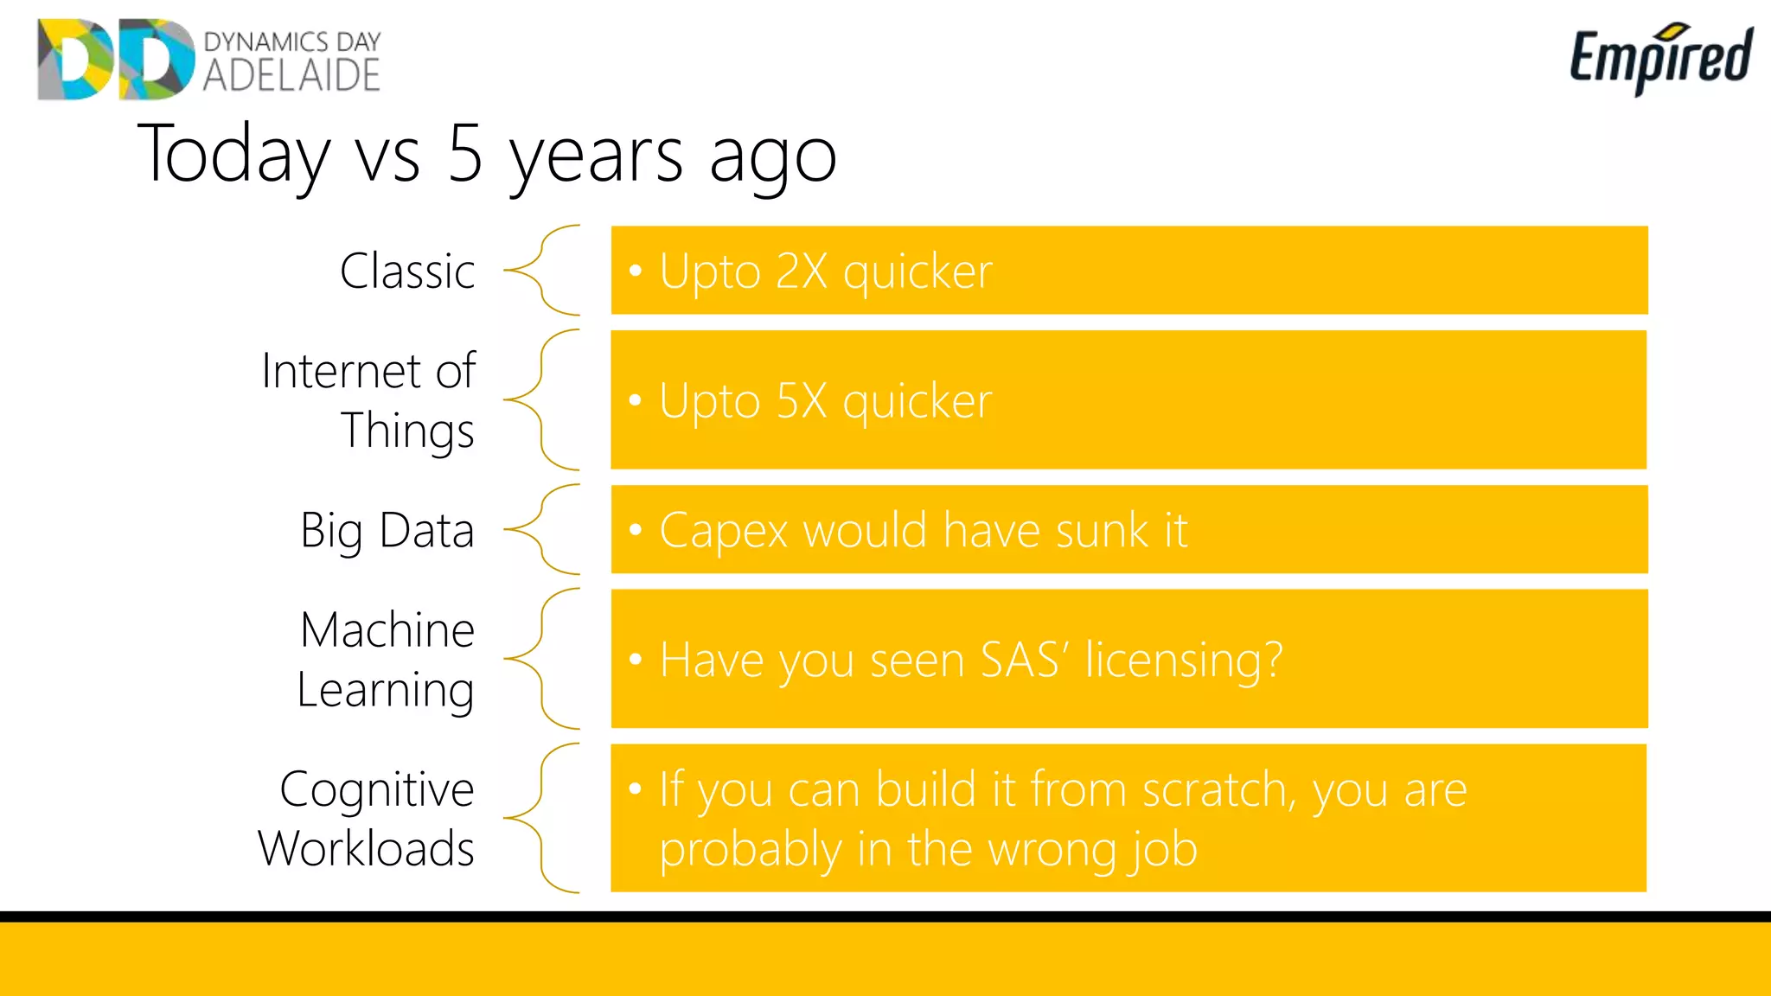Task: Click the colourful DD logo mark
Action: click(x=116, y=59)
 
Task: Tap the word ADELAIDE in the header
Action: click(x=291, y=76)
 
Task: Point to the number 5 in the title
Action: click(x=465, y=154)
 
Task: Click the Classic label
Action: click(x=407, y=271)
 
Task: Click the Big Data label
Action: click(x=387, y=531)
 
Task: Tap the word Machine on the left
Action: click(x=387, y=629)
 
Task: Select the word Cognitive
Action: click(x=377, y=790)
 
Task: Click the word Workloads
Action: click(x=367, y=849)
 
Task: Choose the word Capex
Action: click(x=723, y=531)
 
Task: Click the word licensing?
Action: click(x=1184, y=661)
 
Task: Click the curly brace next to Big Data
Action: click(x=543, y=529)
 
